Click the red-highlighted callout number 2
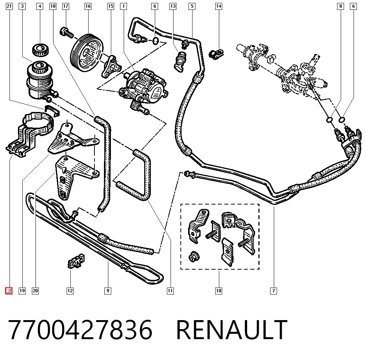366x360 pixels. pos(9,291)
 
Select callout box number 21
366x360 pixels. pos(9,6)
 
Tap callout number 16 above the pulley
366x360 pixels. pos(88,6)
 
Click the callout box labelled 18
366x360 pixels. pos(219,291)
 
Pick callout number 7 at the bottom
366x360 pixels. pos(273,291)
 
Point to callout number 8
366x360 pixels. pos(340,6)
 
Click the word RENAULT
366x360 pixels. pos(232,329)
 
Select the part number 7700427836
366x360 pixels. pos(80,329)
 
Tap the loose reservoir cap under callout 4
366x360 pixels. pos(40,50)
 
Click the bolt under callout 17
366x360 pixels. pos(67,33)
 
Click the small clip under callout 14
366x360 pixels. pos(216,55)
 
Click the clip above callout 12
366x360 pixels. pos(76,261)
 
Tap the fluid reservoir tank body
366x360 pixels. pos(40,80)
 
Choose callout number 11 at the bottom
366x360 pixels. pos(170,291)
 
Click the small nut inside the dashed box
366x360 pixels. pos(194,256)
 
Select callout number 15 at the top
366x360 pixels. pos(111,6)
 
